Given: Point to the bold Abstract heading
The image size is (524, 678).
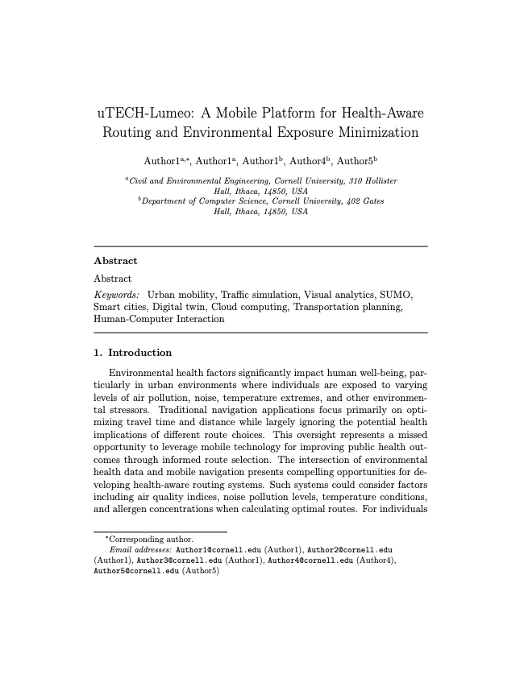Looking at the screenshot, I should (x=115, y=261).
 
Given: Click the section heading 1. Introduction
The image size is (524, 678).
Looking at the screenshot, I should (x=133, y=353).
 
